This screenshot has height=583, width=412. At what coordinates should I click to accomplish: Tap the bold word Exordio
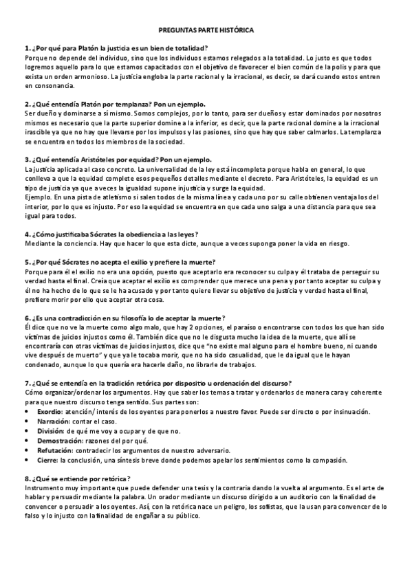click(52, 411)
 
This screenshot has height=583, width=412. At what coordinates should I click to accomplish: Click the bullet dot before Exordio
click(27, 412)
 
